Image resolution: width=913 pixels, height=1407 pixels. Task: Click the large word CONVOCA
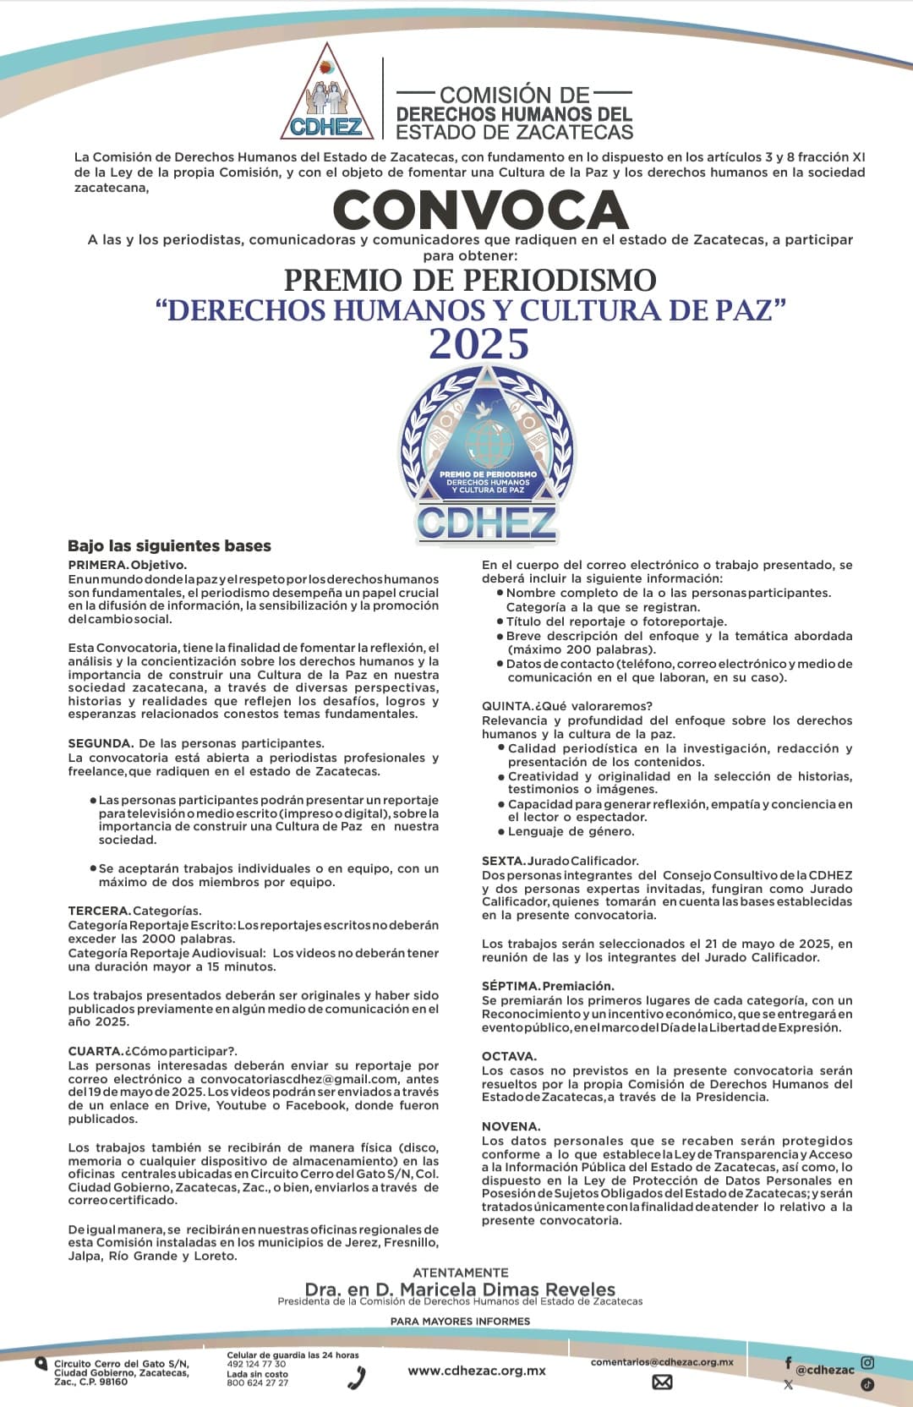[480, 210]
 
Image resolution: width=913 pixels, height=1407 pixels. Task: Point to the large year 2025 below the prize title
[479, 344]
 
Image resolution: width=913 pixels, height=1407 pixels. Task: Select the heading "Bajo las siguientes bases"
[169, 546]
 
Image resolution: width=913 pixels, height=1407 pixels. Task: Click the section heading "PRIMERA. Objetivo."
[127, 565]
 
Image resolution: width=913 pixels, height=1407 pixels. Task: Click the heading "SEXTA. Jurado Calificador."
[560, 861]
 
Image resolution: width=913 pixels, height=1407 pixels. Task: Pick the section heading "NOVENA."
[511, 1126]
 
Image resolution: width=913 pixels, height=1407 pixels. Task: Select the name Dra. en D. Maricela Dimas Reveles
[460, 1289]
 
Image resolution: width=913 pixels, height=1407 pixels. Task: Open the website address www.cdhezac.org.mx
[476, 1371]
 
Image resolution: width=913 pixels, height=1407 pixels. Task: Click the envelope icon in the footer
[662, 1382]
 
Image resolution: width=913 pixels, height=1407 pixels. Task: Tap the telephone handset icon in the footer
[357, 1377]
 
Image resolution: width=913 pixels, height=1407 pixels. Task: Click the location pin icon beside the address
[41, 1363]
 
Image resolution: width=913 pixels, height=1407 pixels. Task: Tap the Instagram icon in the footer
[867, 1362]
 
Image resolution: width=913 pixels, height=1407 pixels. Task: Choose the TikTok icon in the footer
[867, 1384]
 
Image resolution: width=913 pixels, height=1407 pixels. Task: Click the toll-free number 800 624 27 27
[257, 1383]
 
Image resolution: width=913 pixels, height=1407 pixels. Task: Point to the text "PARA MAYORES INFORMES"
[460, 1321]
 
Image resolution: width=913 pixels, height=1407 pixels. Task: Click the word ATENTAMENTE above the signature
[460, 1273]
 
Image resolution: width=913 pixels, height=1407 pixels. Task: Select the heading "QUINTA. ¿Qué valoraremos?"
[566, 706]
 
